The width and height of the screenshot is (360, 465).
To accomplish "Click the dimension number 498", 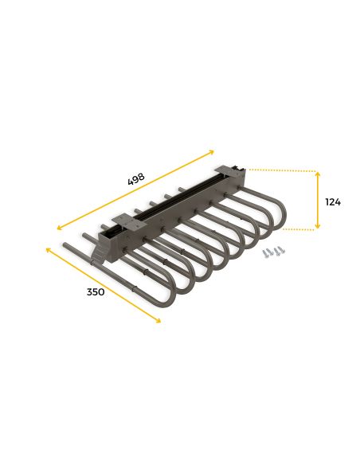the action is pos(136,179).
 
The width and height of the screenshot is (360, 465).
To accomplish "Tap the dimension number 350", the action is pos(96,292).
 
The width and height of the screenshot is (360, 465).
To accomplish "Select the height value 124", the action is pos(333,202).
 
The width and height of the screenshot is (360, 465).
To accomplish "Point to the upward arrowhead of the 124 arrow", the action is pos(318,174).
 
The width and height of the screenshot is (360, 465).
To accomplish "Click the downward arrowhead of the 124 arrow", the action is pos(318,226).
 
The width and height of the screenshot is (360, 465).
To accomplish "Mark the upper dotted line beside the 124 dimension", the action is pos(282,170).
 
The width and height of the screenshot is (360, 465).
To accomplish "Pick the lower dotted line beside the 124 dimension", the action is pos(299,229).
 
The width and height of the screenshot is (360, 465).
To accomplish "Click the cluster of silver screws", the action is pos(273,252).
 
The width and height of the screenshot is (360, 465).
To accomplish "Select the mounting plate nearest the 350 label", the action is pos(129,222).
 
